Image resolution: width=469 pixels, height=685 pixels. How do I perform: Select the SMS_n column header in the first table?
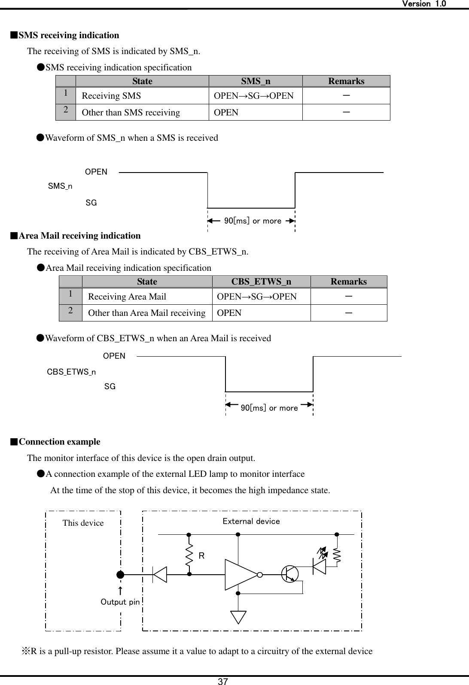pos(256,81)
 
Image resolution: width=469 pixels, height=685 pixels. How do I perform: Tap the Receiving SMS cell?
pos(111,96)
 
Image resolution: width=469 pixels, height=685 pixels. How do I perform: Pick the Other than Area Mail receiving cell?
pos(146,313)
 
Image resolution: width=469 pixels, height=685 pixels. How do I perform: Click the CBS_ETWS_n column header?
pos(261,282)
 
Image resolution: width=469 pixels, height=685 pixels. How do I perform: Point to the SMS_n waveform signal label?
pos(60,186)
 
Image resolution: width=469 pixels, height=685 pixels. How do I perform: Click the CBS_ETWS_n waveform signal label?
pos(71,372)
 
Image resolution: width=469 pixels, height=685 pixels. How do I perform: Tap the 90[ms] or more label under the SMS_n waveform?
pos(253,221)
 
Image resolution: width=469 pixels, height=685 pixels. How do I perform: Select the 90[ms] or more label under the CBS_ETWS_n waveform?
pos(269,408)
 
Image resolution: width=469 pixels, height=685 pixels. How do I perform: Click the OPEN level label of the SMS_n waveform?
pos(96,172)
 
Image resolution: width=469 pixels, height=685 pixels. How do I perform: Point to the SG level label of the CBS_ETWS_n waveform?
pos(110,387)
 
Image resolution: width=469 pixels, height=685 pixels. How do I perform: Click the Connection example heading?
pos(59,442)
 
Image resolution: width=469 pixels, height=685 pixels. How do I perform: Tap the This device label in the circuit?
pos(83,523)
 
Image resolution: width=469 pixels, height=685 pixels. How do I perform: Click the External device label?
pos(251,521)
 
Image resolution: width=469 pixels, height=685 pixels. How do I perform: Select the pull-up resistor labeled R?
pos(189,555)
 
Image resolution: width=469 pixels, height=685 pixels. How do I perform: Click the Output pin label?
pos(120,602)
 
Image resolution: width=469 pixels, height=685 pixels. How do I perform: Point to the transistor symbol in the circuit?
pos(290,574)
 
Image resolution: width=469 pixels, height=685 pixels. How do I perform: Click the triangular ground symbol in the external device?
pos(238,617)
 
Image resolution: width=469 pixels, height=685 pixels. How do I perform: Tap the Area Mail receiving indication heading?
pos(79,236)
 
